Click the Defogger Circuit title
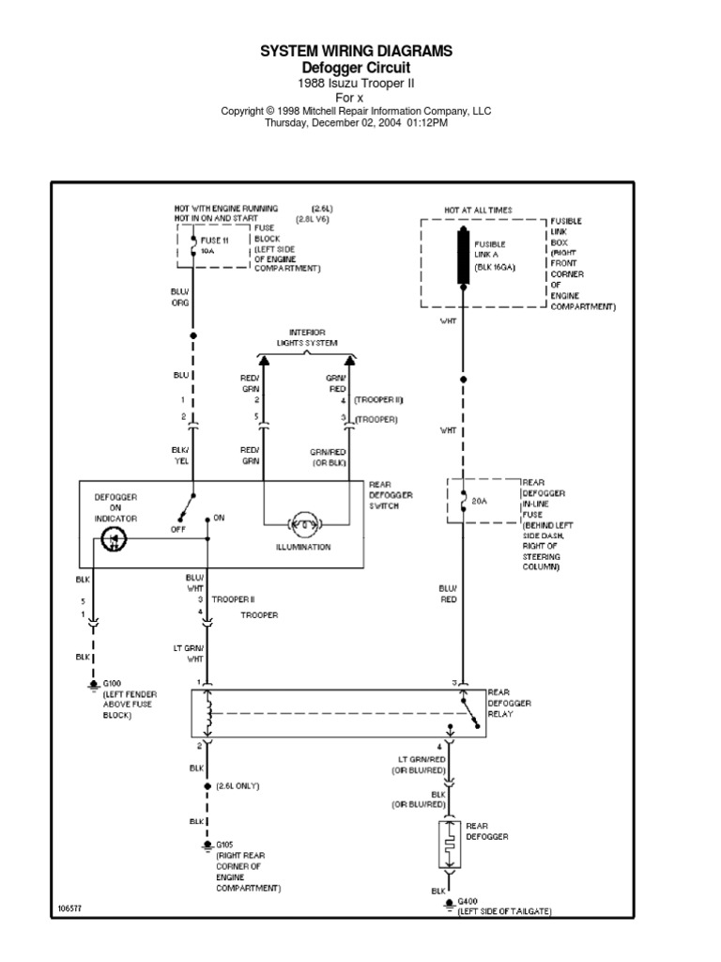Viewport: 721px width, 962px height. click(356, 69)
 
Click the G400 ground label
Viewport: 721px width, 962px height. click(467, 901)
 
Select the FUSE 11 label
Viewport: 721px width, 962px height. click(215, 240)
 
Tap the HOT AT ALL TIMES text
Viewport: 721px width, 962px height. click(478, 209)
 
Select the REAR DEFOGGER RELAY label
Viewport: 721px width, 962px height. click(509, 703)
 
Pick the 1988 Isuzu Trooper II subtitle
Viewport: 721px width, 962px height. click(356, 83)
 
